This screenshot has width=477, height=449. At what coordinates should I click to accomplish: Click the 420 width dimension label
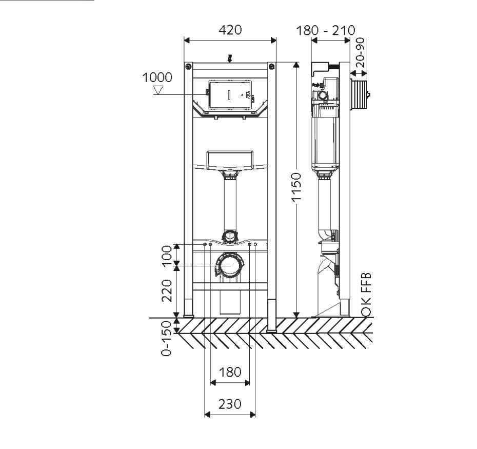pos(230,30)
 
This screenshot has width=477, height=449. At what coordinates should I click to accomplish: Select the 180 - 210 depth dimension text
pos(326,30)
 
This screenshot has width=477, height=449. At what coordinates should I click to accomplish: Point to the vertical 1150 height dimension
pos(296,187)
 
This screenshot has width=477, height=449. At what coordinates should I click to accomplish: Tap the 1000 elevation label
pos(157,77)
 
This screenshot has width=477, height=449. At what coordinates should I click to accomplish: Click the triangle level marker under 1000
pos(158,90)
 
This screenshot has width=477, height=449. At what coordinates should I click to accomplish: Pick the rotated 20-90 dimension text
pos(360,52)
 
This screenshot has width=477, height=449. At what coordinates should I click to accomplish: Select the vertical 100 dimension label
pos(167,256)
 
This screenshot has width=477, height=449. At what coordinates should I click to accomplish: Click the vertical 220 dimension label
pos(167,291)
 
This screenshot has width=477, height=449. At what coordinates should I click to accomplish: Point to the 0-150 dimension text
pos(166,338)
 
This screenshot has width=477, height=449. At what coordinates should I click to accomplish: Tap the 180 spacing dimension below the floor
pos(230,372)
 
